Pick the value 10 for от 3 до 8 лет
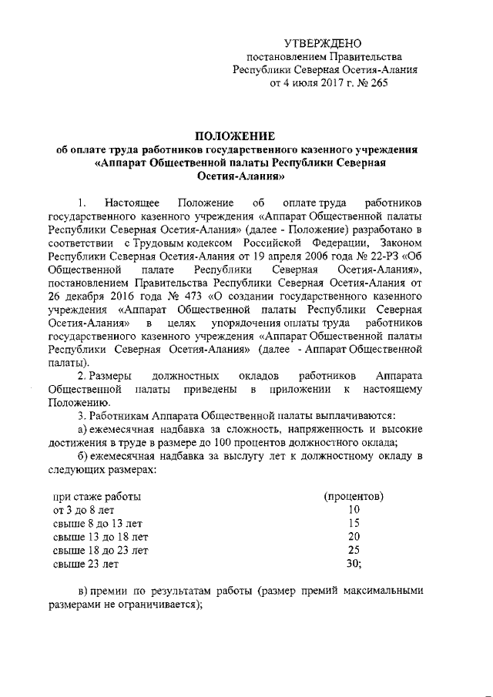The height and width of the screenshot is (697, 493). pos(354,509)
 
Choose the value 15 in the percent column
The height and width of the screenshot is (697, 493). pos(354,523)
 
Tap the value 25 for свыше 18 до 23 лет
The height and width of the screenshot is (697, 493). pos(354,550)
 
